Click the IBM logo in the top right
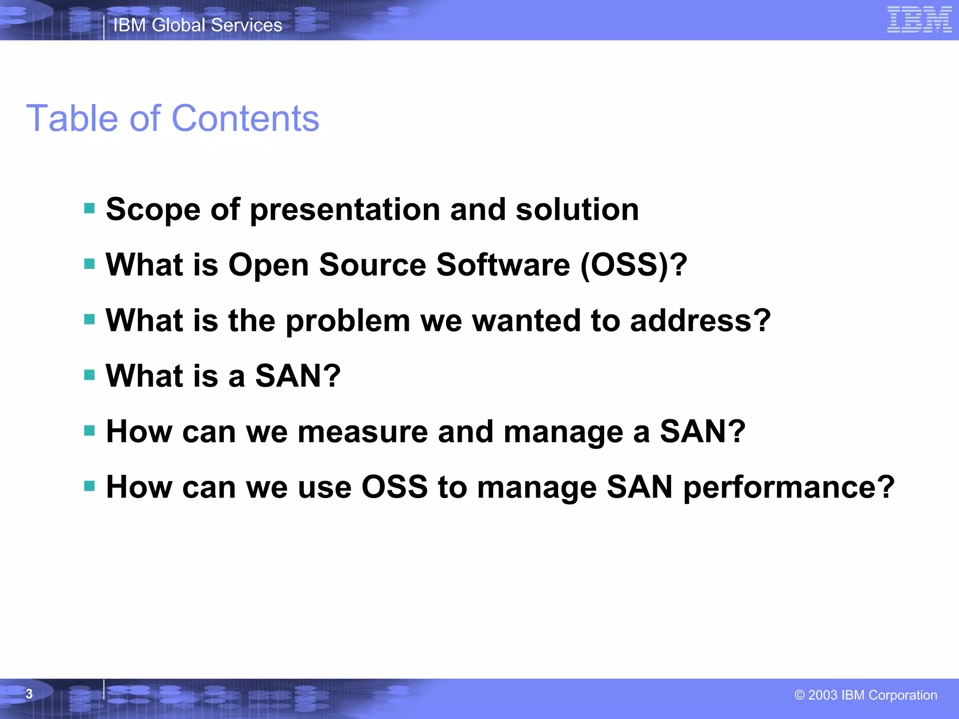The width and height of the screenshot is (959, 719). click(919, 20)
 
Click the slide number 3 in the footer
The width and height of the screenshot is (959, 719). click(29, 694)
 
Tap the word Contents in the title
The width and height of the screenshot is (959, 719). click(245, 118)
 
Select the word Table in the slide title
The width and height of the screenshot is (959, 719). click(71, 118)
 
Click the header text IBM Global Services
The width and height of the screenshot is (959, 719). click(198, 25)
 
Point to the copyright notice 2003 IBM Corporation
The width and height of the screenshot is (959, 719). click(866, 695)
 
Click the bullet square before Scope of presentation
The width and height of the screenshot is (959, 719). click(89, 208)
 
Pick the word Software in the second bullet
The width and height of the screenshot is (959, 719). click(503, 265)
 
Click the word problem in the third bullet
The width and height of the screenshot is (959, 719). click(347, 321)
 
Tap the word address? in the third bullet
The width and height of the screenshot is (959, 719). click(700, 321)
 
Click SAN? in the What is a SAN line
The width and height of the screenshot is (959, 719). click(298, 376)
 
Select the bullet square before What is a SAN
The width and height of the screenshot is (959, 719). click(89, 375)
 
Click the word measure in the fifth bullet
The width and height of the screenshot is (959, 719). click(362, 432)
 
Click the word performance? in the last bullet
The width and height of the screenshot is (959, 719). click(789, 488)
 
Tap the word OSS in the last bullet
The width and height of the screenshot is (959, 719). click(394, 487)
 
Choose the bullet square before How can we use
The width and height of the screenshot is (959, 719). click(89, 486)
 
